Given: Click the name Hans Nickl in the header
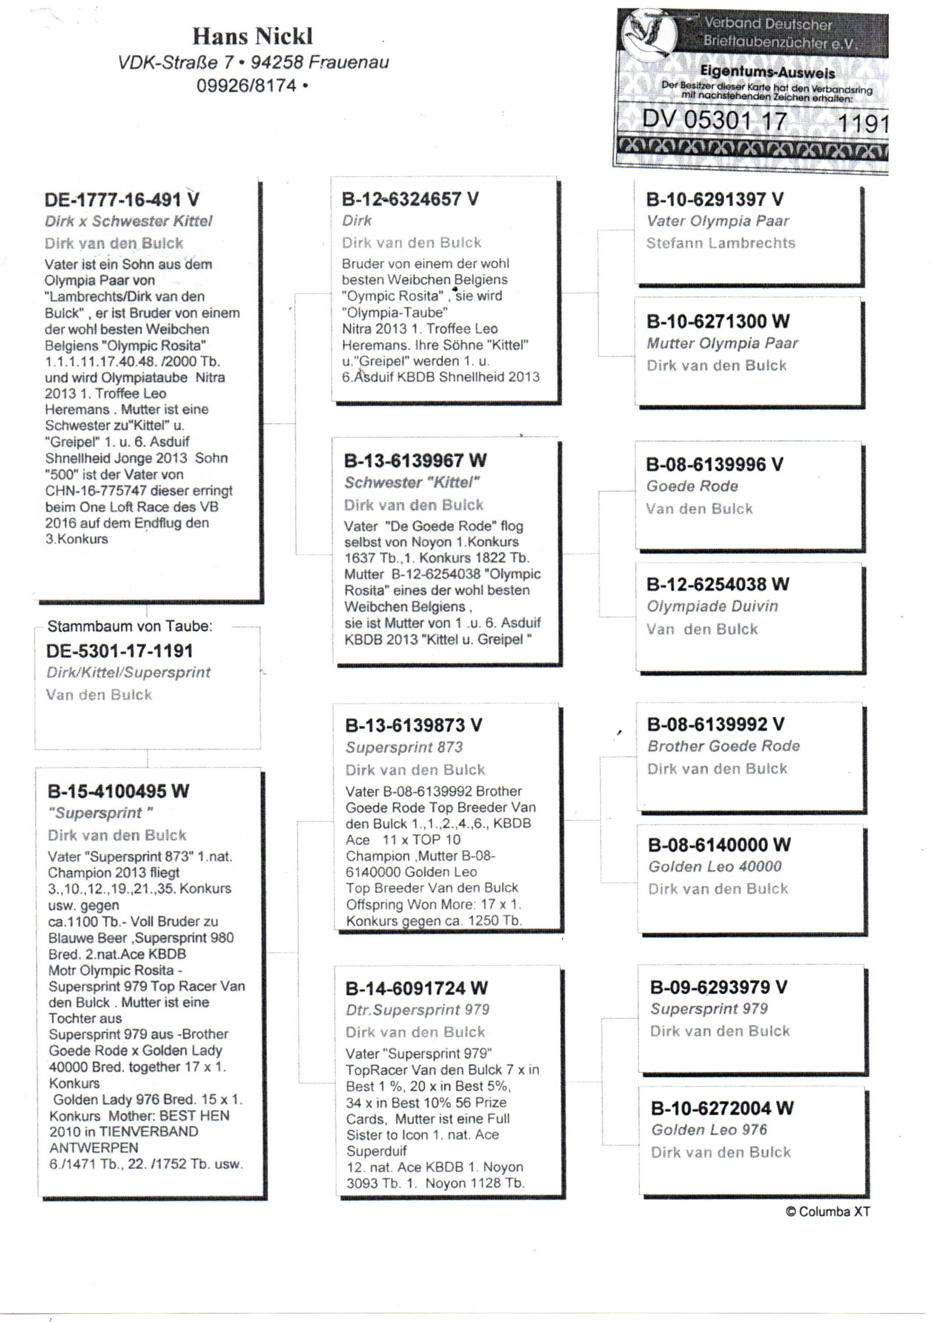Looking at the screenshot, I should pyautogui.click(x=252, y=36).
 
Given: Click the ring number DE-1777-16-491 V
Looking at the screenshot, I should pyautogui.click(x=122, y=200).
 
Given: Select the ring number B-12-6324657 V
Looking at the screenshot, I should pyautogui.click(x=410, y=199).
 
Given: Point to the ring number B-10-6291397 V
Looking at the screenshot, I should pyautogui.click(x=715, y=199).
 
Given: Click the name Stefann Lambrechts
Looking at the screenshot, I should pyautogui.click(x=720, y=243).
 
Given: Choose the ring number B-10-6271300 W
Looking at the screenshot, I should pyautogui.click(x=718, y=321).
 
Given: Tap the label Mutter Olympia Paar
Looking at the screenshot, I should pyautogui.click(x=722, y=343).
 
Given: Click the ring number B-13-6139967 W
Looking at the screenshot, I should pyautogui.click(x=415, y=461).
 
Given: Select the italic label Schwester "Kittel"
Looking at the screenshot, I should pyautogui.click(x=412, y=482).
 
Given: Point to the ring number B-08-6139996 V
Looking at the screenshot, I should pyautogui.click(x=715, y=464).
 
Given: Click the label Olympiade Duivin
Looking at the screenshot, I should pyautogui.click(x=712, y=606).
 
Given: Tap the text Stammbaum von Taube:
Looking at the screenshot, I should pyautogui.click(x=129, y=626).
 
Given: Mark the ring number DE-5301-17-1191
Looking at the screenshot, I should pyautogui.click(x=120, y=651).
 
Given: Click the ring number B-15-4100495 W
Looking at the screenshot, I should pyautogui.click(x=118, y=791).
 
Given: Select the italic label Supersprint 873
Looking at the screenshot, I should pyautogui.click(x=404, y=748).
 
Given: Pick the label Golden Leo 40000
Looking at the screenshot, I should pyautogui.click(x=715, y=867).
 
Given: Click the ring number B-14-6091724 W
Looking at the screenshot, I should pyautogui.click(x=416, y=988).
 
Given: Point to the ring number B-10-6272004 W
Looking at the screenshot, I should pyautogui.click(x=722, y=1108).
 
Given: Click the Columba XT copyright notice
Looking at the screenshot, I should pyautogui.click(x=828, y=1211).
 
